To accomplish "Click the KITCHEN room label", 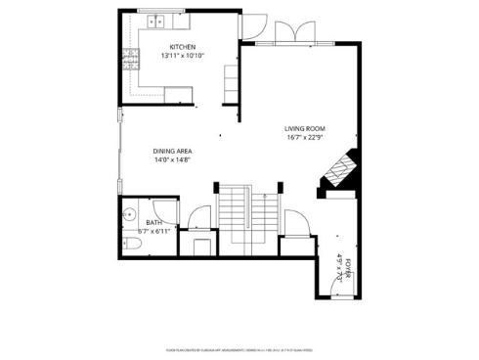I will tap(183, 47).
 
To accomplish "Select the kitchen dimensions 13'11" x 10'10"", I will tap(183, 56).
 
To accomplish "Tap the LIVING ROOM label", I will tap(304, 128).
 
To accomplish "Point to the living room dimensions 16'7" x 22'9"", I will tap(304, 137).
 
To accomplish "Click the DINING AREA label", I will tap(172, 151).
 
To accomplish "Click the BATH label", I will tap(154, 223).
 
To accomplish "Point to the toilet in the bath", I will tap(130, 243).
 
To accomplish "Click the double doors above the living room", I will tap(293, 33).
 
